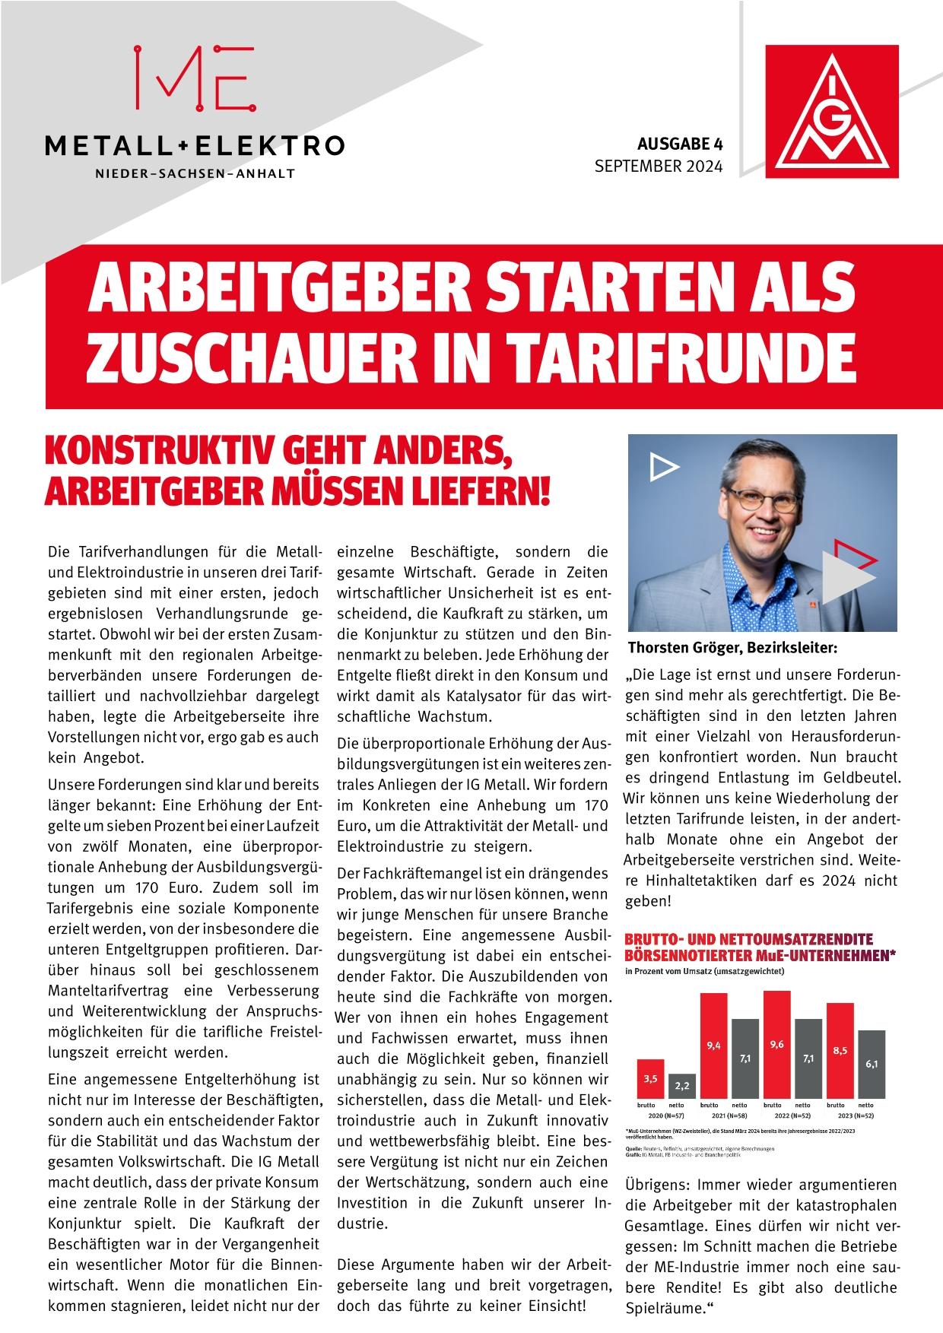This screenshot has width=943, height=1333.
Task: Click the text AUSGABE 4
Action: click(x=679, y=144)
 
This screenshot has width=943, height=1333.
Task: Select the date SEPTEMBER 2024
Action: click(x=658, y=166)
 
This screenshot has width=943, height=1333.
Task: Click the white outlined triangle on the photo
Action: click(x=664, y=466)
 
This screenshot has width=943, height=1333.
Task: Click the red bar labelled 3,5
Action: click(x=650, y=1079)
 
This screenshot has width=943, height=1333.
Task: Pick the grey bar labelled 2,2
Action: click(x=682, y=1086)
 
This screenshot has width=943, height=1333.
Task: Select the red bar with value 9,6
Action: click(x=776, y=1045)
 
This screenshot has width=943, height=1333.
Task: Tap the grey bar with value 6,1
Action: click(x=871, y=1065)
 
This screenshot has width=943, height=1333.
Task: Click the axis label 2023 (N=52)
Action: click(x=856, y=1115)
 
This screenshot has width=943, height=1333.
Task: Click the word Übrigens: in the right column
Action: click(x=657, y=1185)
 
